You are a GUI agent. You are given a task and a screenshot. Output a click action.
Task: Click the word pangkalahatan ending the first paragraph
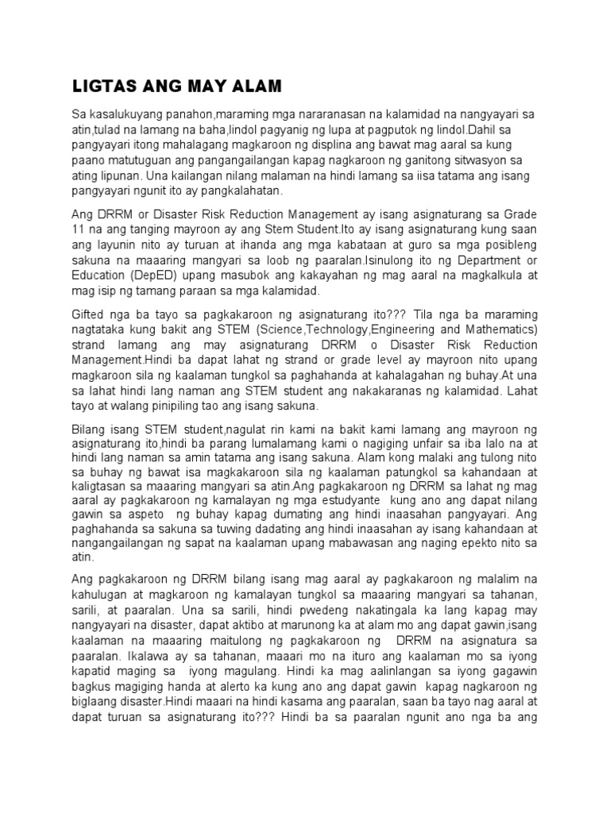coord(233,191)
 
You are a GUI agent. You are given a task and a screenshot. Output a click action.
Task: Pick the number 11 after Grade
coord(78,229)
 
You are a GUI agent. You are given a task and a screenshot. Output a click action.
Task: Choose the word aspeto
coord(134,523)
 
